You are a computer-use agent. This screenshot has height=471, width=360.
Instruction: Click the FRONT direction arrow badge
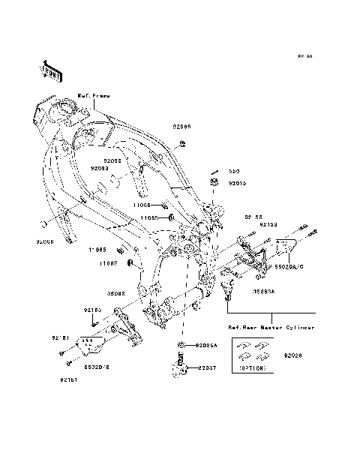50,69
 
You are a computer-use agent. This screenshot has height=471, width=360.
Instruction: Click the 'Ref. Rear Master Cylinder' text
271,327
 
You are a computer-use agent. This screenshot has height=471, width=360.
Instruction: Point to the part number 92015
237,181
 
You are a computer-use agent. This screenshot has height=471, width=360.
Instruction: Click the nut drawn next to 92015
214,182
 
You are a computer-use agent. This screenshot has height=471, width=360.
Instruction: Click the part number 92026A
206,346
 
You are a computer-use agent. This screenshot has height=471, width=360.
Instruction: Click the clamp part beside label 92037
182,368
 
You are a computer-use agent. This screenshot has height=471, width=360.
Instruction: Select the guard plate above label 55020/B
89,345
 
